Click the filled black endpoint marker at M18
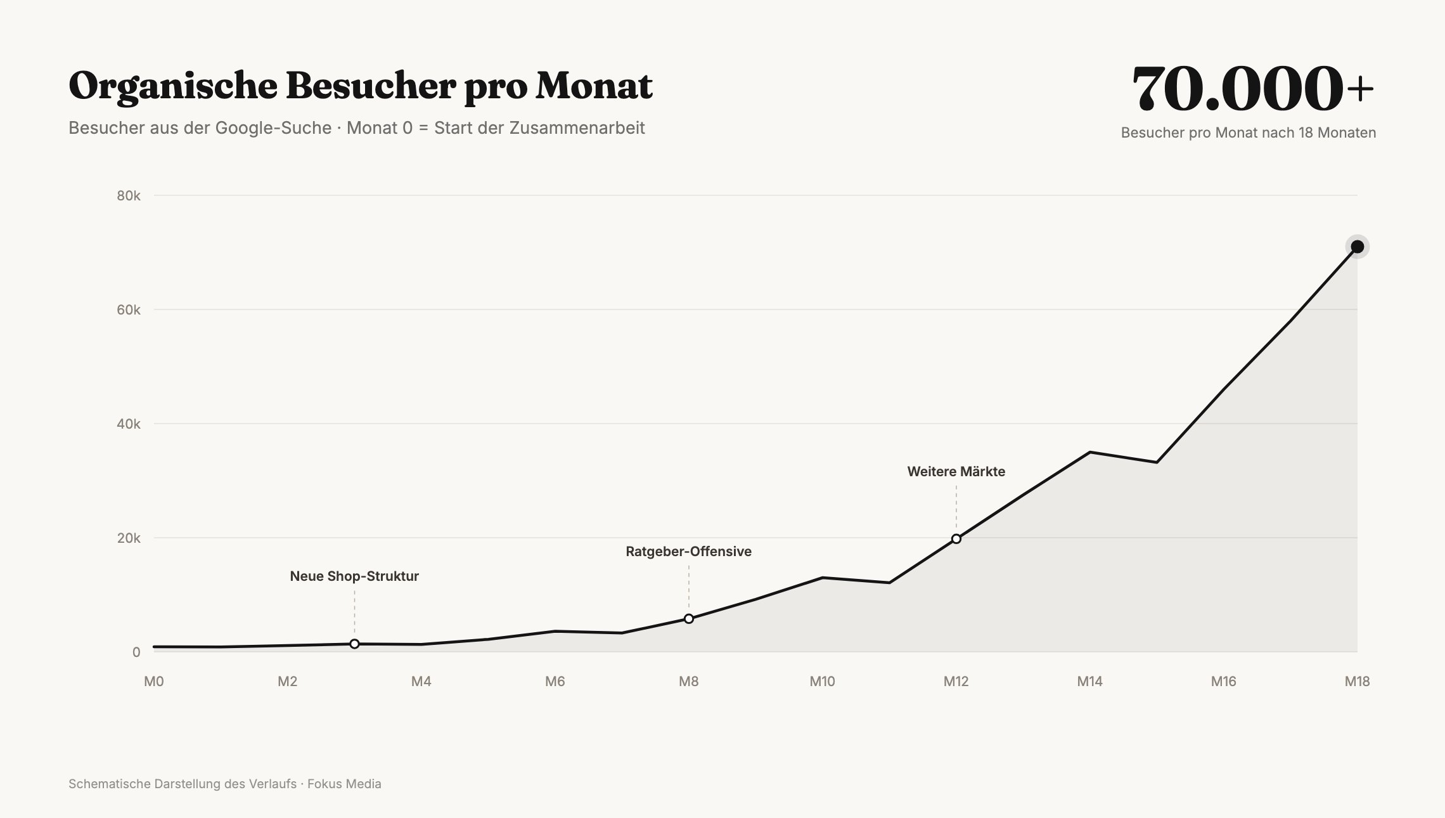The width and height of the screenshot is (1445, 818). [1357, 247]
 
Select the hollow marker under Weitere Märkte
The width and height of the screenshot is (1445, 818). [956, 539]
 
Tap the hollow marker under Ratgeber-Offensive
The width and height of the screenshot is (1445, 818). [689, 619]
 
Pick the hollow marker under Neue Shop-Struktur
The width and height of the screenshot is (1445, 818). [354, 644]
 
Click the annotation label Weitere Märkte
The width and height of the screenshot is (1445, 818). [956, 472]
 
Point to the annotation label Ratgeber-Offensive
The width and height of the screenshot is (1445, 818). [689, 552]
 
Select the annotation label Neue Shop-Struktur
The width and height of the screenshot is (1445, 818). [354, 576]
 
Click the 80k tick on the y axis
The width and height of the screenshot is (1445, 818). [129, 195]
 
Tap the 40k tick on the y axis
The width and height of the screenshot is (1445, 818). [129, 424]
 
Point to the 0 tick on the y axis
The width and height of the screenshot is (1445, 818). [136, 652]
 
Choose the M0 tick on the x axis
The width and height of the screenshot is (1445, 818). [154, 682]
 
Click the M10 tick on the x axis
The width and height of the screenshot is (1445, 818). [822, 682]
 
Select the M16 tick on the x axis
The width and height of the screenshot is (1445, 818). [1223, 682]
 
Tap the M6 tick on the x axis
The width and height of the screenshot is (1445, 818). [555, 682]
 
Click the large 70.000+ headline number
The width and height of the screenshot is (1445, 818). [1253, 89]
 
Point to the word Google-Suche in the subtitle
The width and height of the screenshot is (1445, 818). [273, 128]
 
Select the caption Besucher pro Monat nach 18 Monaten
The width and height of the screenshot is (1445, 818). [1249, 133]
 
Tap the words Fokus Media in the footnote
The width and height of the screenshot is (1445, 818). [344, 784]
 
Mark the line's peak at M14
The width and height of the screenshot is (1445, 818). [1089, 452]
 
